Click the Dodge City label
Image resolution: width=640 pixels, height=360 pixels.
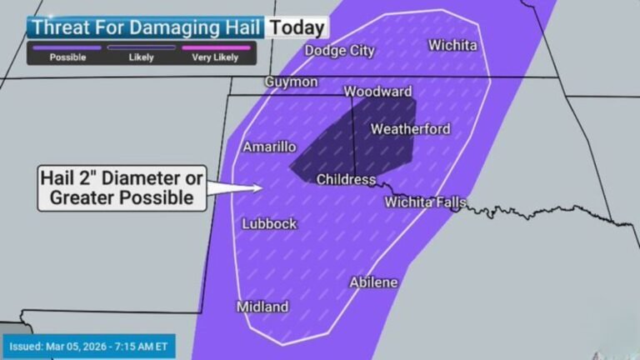pos(339,51)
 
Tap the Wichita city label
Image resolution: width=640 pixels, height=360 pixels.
pos(452,45)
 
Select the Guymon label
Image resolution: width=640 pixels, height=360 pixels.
pos(291,82)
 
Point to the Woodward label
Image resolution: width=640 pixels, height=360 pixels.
pos(377,91)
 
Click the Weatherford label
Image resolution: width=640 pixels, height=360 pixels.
pos(410,129)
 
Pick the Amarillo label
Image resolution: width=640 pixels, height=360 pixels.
pos(269,147)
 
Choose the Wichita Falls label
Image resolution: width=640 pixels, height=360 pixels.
pos(425,202)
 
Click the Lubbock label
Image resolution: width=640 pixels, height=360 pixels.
pos(269,223)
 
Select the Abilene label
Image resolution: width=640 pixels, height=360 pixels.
pos(373,282)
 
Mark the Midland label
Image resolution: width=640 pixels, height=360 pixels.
pos(262,307)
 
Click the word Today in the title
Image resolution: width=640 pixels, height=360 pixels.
pos(297,27)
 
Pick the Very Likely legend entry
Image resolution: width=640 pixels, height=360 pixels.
pos(215,57)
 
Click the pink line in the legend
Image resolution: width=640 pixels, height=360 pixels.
pos(215,48)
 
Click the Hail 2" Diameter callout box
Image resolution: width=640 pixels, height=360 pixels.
pos(122,187)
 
